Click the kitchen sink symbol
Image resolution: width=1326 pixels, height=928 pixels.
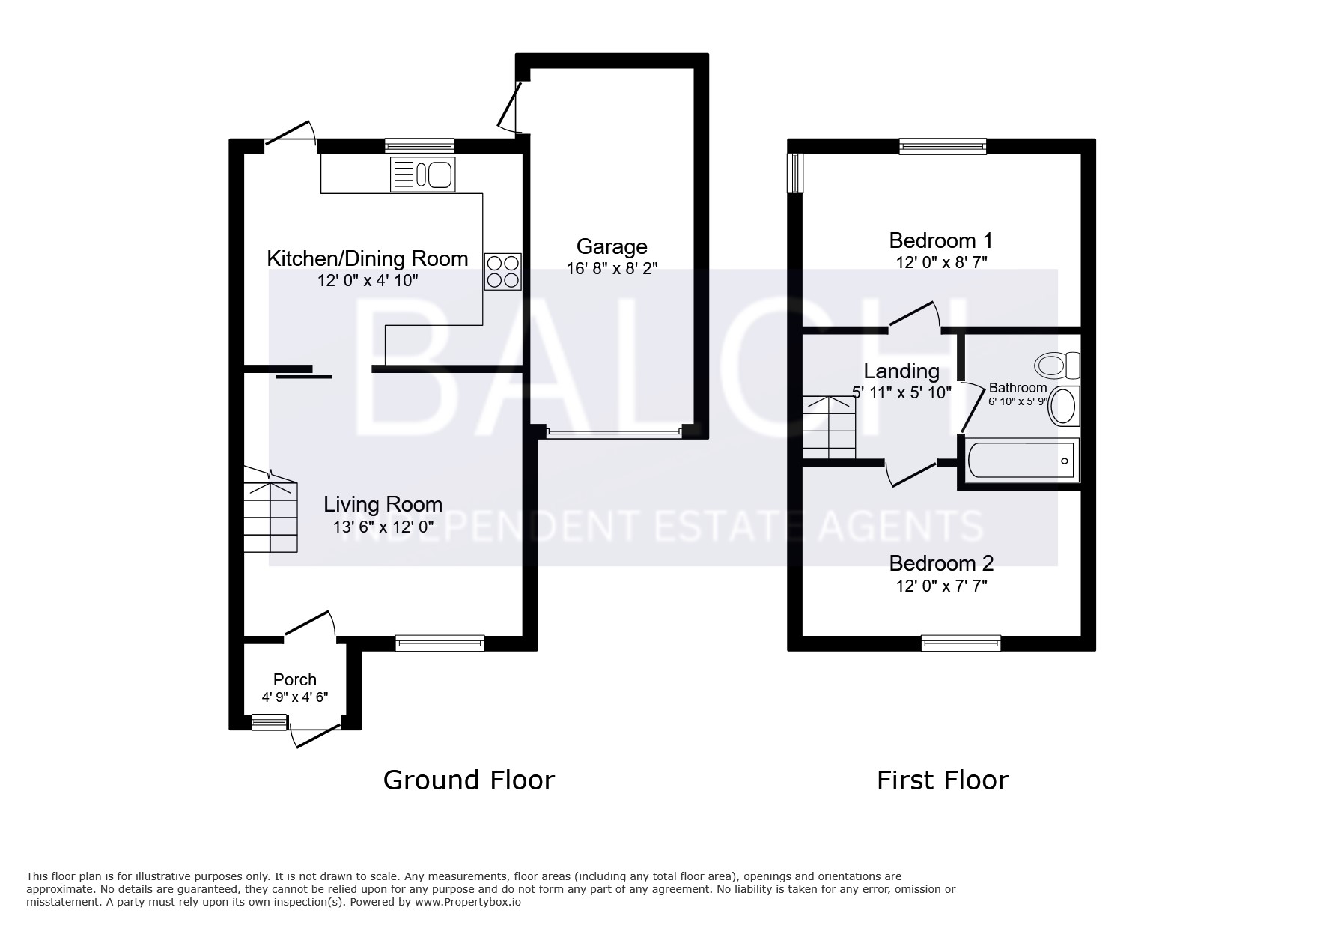[x=422, y=175]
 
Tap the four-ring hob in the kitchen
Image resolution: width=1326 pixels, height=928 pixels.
[x=503, y=271]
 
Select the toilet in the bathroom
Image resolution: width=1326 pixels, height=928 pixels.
[x=1057, y=366]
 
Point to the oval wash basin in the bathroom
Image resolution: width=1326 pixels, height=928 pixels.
[x=1064, y=406]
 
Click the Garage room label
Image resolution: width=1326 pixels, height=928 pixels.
[x=612, y=246]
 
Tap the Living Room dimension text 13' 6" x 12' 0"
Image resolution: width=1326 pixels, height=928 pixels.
[x=383, y=527]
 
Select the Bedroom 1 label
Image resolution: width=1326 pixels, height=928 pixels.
[x=941, y=240]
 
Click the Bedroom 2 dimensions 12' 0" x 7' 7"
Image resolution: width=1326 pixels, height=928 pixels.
[x=942, y=586]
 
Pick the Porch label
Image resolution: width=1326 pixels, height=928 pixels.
[x=295, y=679]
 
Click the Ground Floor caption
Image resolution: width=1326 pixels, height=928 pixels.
[x=469, y=780]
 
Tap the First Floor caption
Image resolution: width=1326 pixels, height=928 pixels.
[x=943, y=781]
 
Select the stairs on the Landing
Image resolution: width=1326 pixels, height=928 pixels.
[x=829, y=427]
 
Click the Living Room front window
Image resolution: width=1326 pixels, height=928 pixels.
[x=440, y=642]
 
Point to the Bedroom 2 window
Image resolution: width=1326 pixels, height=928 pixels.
[x=961, y=642]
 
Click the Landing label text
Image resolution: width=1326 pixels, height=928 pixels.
[x=901, y=371]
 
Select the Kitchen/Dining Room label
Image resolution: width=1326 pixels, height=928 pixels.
[x=368, y=259]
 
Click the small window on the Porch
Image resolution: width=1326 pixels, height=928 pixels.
[x=270, y=722]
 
